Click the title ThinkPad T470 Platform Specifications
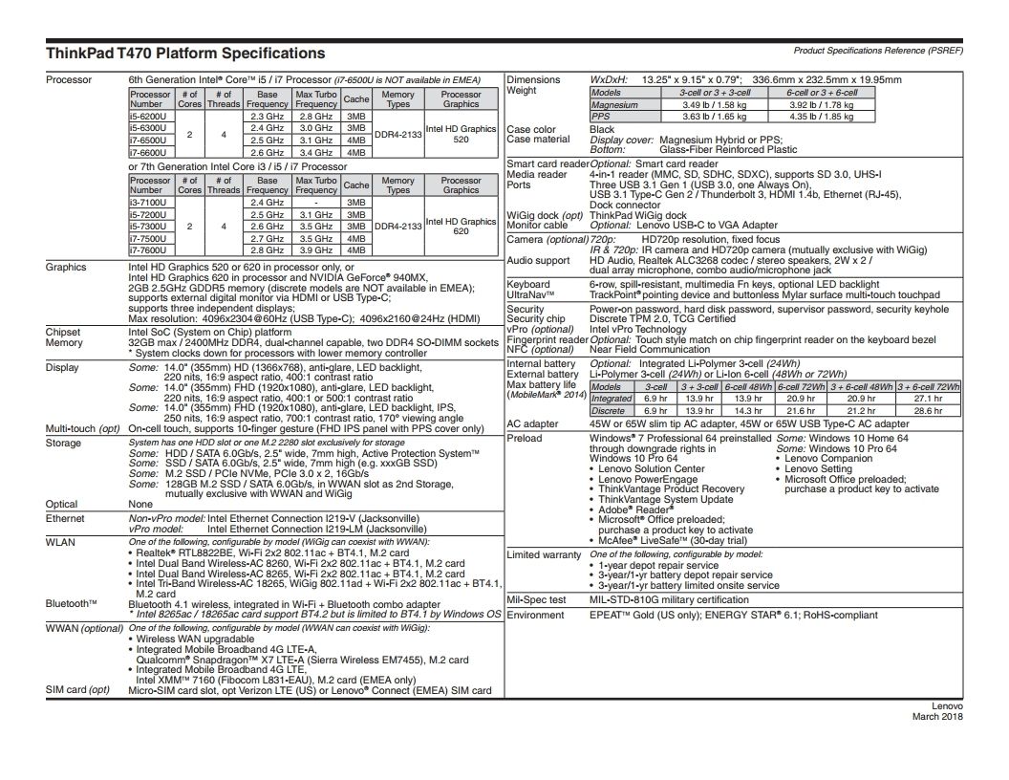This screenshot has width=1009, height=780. [185, 54]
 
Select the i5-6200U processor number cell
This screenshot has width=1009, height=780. [150, 116]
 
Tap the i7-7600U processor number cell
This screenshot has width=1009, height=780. [150, 249]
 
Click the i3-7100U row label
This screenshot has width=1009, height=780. [150, 203]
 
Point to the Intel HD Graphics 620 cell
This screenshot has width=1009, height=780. [461, 226]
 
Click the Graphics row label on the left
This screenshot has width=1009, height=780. [66, 268]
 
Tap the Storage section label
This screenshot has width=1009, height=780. [64, 444]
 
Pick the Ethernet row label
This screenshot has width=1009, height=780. [66, 518]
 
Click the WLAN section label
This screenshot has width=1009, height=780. [60, 542]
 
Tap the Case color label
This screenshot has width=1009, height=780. [531, 130]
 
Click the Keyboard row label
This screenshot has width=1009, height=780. [528, 285]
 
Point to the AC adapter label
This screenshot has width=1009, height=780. [533, 423]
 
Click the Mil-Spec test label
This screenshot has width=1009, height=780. [536, 600]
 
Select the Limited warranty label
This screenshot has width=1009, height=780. [544, 555]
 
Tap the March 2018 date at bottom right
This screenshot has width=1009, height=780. [937, 716]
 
